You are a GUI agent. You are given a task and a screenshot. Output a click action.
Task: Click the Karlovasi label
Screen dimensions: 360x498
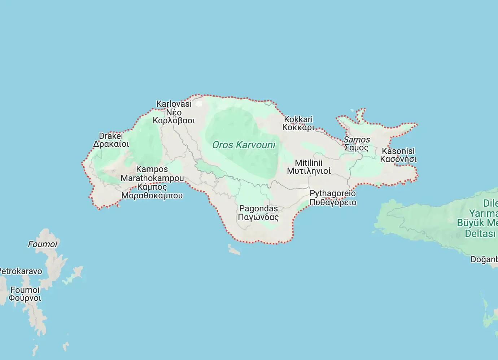174,104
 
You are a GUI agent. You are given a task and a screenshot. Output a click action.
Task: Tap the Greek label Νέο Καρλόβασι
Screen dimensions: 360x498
174,117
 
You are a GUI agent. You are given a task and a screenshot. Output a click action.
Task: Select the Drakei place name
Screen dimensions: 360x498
111,136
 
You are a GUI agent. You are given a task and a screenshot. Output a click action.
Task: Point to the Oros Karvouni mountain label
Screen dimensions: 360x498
244,145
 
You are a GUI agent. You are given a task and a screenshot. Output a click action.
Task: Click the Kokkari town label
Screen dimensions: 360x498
298,119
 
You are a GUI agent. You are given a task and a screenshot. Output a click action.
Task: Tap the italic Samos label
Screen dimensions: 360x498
357,140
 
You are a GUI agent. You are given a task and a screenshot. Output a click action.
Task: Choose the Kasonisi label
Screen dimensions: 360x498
398,151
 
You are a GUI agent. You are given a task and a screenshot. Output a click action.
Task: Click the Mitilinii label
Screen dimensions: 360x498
309,163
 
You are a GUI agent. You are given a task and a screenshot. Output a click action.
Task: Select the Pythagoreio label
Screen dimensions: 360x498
333,193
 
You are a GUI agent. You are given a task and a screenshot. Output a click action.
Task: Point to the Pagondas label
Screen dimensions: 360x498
258,208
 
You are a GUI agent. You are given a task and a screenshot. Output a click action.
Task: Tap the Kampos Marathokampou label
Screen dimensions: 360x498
152,174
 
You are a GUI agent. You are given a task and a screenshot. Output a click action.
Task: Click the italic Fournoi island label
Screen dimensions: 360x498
42,244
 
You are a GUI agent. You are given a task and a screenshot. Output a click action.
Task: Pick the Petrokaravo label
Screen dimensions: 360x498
21,271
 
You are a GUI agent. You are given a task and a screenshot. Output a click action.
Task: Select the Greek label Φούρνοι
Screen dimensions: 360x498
25,298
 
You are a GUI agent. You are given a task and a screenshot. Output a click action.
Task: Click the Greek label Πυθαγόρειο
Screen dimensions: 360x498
333,202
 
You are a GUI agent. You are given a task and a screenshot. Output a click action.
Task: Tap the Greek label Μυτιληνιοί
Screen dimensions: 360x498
309,171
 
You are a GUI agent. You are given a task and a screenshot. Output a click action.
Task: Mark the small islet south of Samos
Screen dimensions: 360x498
234,250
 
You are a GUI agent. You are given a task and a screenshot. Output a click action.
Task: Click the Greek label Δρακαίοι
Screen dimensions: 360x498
111,144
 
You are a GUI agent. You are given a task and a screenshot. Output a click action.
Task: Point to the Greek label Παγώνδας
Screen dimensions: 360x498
258,217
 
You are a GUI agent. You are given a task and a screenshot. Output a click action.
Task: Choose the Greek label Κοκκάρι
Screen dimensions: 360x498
298,127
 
